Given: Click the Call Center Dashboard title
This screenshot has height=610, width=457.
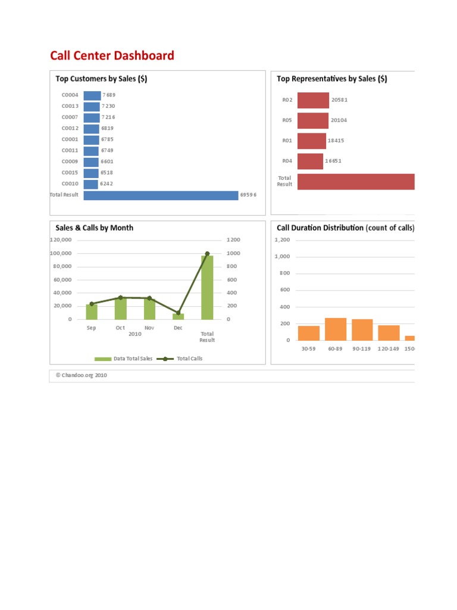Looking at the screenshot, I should tap(112, 56).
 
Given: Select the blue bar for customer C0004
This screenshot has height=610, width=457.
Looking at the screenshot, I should tap(92, 95).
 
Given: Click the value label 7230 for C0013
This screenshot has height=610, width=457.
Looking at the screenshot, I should tap(108, 106).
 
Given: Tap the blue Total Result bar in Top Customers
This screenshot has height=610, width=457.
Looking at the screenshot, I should tap(161, 195).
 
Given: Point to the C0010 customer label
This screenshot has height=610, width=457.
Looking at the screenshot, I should tap(70, 184).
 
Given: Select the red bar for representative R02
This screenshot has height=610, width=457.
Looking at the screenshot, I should tap(313, 100).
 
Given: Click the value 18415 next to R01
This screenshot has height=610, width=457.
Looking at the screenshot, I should tap(336, 141).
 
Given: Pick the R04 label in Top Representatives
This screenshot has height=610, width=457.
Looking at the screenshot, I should tap(287, 161).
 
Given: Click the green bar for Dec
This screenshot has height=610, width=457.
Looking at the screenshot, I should tap(178, 316).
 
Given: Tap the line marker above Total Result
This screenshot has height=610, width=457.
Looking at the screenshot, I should tap(207, 254).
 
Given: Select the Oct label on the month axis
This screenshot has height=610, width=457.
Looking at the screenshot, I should tap(120, 328).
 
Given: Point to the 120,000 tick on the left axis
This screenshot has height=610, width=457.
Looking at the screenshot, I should tap(61, 239).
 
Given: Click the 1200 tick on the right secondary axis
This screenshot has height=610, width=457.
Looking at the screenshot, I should tap(232, 239).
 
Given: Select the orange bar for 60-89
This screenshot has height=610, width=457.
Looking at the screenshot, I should tap(336, 329).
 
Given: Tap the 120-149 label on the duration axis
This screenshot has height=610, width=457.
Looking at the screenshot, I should tap(388, 348).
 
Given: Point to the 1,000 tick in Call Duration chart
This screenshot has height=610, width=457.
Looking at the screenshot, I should tap(282, 257).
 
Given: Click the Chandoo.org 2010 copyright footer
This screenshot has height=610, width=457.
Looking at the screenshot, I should tap(82, 376).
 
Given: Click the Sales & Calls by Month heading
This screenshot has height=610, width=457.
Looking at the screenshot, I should tap(95, 228).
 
